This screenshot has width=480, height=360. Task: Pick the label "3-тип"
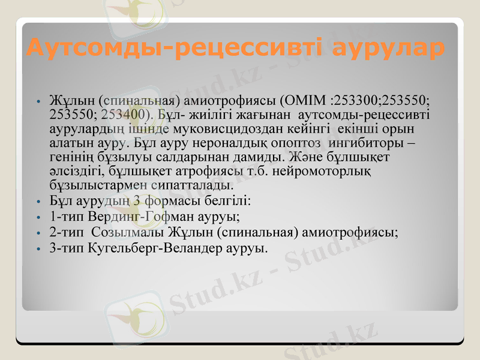[x=67, y=247]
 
